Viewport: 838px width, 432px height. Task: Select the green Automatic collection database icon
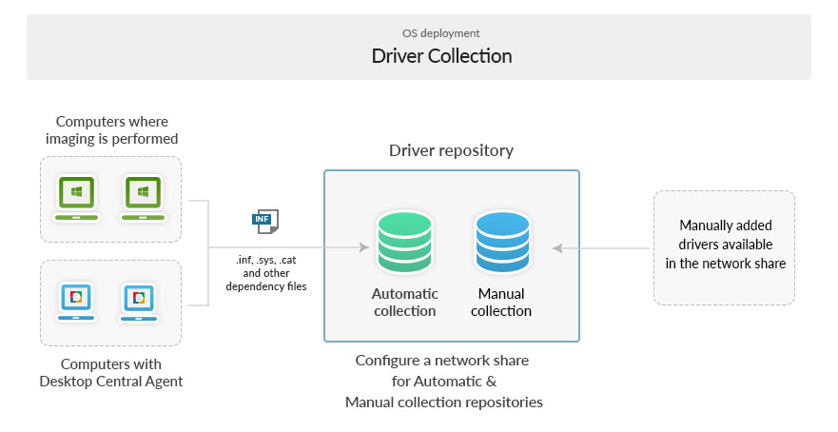coord(404,243)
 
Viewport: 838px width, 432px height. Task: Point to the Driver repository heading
coord(451,150)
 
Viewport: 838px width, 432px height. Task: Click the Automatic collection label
coord(404,303)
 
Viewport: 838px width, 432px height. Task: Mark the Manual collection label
coord(501,303)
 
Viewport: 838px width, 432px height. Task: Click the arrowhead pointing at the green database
coord(363,247)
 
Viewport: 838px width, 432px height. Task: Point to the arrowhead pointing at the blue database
coord(558,247)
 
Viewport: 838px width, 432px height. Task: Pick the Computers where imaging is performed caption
coord(111,130)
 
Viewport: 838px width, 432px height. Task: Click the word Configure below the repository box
coord(387,362)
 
